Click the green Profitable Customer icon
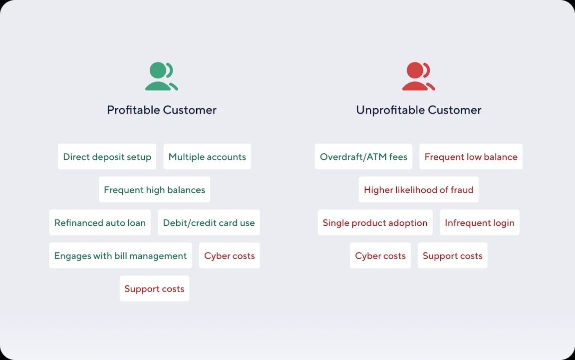tap(161, 76)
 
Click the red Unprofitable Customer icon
tap(418, 76)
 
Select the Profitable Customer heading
tap(162, 110)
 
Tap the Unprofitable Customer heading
tap(419, 110)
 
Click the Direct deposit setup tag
tap(107, 157)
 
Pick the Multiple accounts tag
tap(207, 157)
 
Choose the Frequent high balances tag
tap(154, 190)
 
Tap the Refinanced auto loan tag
tap(100, 223)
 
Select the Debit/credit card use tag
tap(209, 223)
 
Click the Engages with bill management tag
tap(120, 256)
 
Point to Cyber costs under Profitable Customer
tap(230, 256)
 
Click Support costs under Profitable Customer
tap(154, 289)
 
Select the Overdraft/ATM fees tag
tap(363, 157)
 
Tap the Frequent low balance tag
tap(471, 157)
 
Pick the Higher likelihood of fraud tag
tap(418, 190)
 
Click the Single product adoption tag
tap(375, 223)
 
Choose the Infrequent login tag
tap(480, 223)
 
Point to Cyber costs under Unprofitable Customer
tap(380, 256)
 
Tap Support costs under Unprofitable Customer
tap(453, 256)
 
